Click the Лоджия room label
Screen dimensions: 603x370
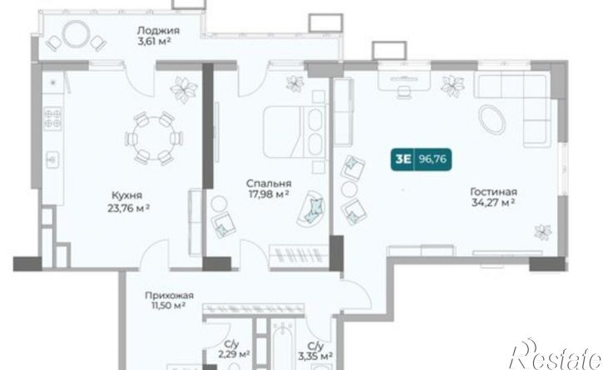pyautogui.click(x=158, y=30)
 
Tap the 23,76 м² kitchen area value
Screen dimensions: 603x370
pyautogui.click(x=129, y=208)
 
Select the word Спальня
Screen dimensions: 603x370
pyautogui.click(x=269, y=183)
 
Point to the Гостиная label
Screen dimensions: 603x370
pyautogui.click(x=494, y=192)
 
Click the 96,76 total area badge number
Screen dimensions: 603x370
pyautogui.click(x=432, y=159)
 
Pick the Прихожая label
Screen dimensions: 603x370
pyautogui.click(x=169, y=296)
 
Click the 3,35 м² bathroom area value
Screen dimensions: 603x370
pyautogui.click(x=315, y=356)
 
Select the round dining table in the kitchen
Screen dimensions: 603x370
pyautogui.click(x=154, y=138)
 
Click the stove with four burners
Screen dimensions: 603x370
pyautogui.click(x=52, y=118)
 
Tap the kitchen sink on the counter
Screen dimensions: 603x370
pyautogui.click(x=52, y=159)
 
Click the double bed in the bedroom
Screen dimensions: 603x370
pyautogui.click(x=295, y=132)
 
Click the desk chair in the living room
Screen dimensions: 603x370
pyautogui.click(x=403, y=92)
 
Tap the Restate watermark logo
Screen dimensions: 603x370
pyautogui.click(x=556, y=355)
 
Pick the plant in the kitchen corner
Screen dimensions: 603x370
pyautogui.click(x=184, y=89)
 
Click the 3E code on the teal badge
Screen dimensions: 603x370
pyautogui.click(x=403, y=159)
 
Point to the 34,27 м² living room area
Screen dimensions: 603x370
pyautogui.click(x=493, y=202)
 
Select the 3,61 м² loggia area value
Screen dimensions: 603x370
pyautogui.click(x=154, y=41)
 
